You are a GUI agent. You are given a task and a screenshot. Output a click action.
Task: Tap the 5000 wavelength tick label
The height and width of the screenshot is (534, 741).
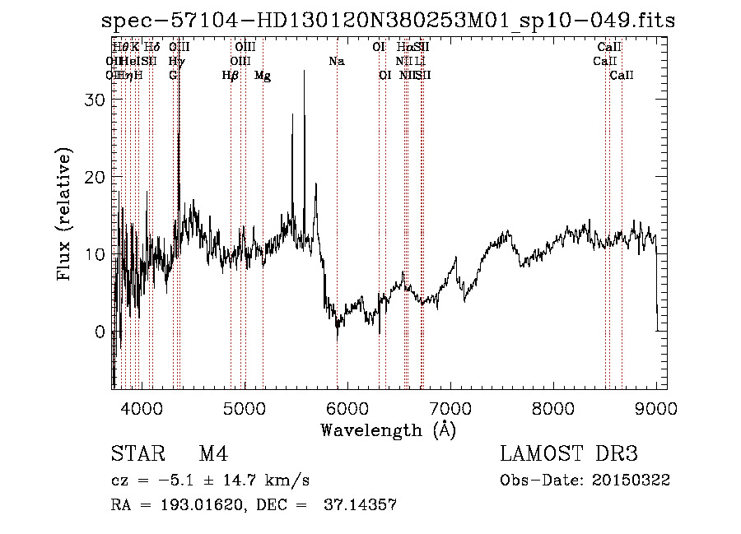click(245, 407)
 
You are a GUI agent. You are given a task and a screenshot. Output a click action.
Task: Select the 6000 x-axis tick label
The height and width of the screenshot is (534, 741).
click(347, 407)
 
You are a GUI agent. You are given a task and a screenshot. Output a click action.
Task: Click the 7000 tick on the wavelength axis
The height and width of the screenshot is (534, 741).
click(450, 407)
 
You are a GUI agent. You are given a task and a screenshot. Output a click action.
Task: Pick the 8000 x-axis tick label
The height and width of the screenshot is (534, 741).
click(553, 407)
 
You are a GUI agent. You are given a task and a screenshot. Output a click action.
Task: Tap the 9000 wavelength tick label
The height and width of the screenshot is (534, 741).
click(656, 407)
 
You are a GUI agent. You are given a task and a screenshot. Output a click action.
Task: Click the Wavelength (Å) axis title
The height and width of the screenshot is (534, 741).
click(388, 430)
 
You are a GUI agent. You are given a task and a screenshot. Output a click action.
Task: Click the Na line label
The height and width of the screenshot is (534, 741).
click(336, 61)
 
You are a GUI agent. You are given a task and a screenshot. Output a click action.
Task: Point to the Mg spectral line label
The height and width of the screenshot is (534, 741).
click(263, 76)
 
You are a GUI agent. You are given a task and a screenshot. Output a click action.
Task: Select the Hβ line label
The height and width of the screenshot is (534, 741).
click(231, 76)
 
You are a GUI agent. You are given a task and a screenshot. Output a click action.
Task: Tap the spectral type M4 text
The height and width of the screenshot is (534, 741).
click(213, 455)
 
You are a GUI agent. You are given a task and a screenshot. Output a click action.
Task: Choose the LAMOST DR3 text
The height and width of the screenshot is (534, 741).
click(569, 455)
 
